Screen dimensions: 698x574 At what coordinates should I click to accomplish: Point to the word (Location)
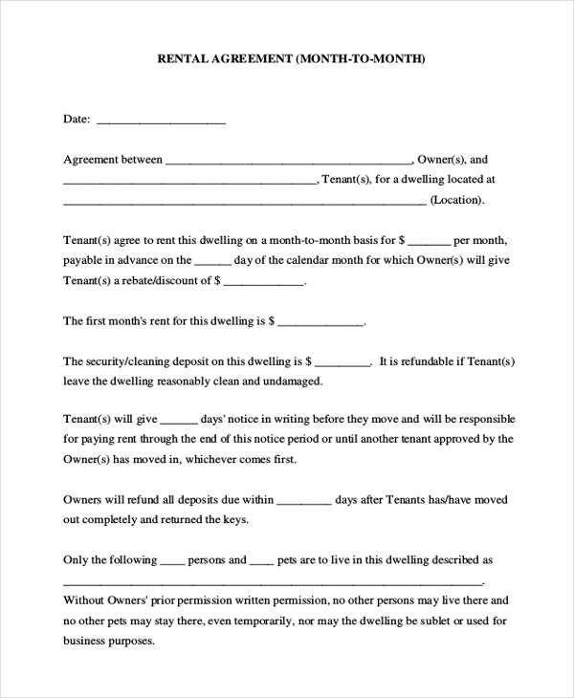pos(457,201)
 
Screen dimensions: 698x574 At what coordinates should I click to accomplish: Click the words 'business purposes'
pos(107,641)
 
